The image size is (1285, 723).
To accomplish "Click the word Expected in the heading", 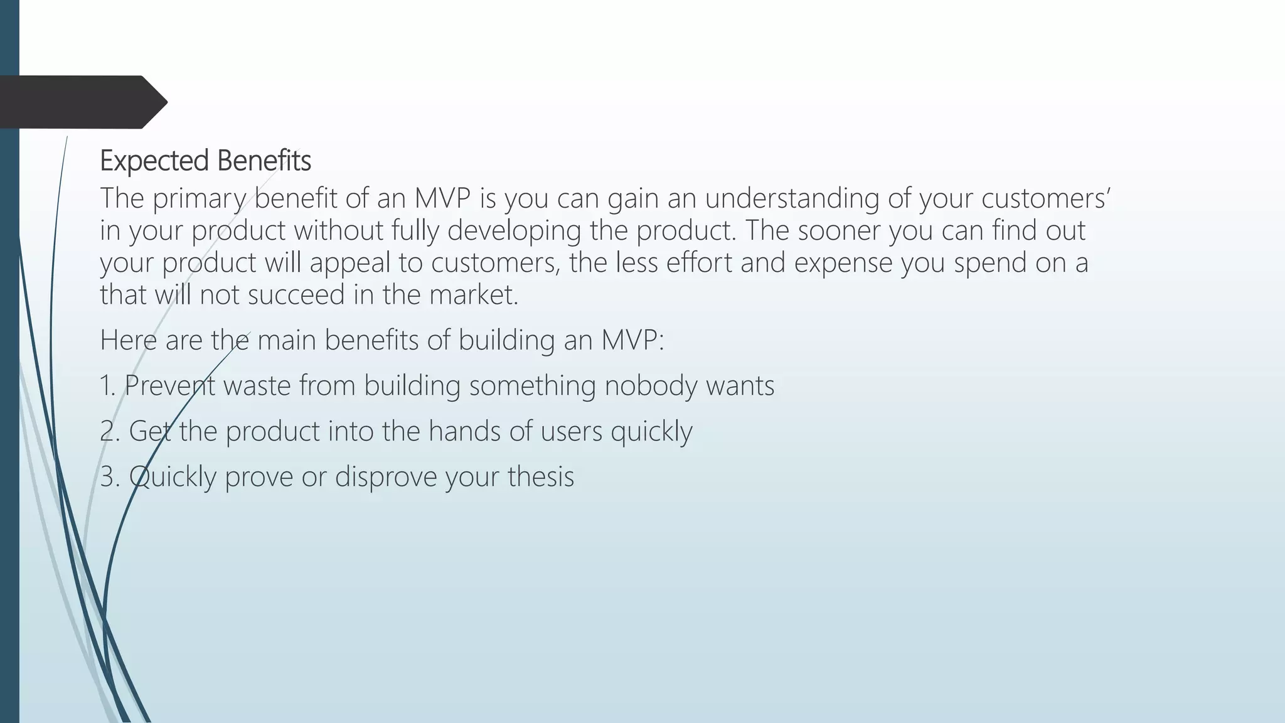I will click(154, 161).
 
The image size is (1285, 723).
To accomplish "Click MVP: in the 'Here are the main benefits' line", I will click(632, 340).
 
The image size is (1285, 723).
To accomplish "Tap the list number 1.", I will click(107, 385).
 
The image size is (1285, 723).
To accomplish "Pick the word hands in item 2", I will click(464, 431).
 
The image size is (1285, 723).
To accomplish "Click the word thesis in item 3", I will click(541, 476).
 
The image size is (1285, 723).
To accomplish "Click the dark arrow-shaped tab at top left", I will click(82, 102).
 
